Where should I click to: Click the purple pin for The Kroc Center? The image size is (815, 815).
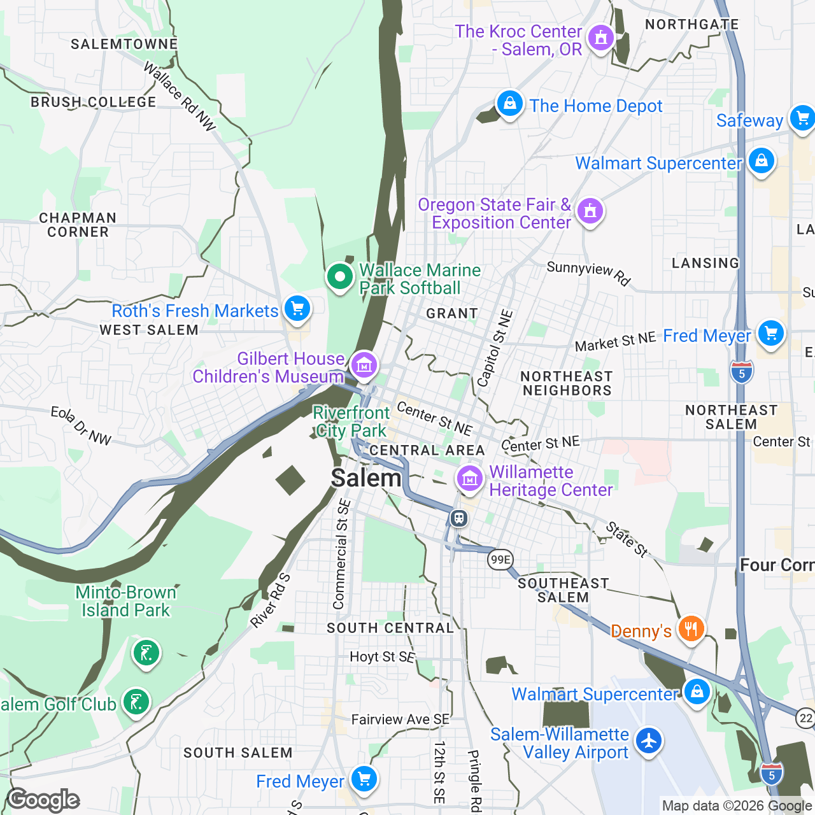click(x=600, y=38)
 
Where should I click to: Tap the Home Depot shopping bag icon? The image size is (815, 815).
click(x=509, y=104)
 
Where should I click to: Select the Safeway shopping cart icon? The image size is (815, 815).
click(x=802, y=118)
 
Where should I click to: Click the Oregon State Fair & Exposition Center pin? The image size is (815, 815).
click(x=590, y=210)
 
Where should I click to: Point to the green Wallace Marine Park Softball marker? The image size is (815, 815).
click(x=340, y=277)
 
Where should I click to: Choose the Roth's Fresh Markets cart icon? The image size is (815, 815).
click(x=297, y=309)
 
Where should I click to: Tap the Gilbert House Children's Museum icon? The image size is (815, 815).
click(x=364, y=365)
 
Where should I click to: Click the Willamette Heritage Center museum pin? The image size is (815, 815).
click(x=469, y=478)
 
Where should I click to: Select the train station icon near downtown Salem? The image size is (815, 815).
click(x=458, y=518)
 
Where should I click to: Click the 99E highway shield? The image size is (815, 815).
click(x=500, y=560)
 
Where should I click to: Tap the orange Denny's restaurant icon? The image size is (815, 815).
click(x=690, y=629)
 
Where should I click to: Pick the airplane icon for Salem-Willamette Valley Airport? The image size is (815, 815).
click(x=649, y=741)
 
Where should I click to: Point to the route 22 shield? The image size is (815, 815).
click(x=805, y=718)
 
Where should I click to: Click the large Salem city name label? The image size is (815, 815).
click(x=366, y=478)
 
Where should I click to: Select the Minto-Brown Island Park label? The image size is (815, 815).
click(x=125, y=601)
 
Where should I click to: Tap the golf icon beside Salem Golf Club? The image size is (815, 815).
click(x=136, y=702)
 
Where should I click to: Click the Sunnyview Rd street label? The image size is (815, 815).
click(x=588, y=273)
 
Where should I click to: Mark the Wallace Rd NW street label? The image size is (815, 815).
click(x=180, y=97)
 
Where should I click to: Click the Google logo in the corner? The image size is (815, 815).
click(x=43, y=800)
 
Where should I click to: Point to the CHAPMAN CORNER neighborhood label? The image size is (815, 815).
click(x=78, y=225)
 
